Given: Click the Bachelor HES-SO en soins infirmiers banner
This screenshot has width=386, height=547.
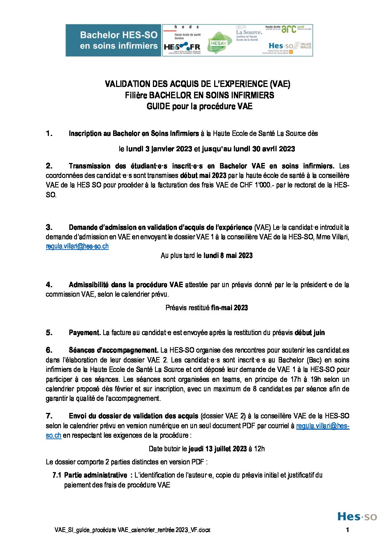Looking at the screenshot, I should click(113, 40).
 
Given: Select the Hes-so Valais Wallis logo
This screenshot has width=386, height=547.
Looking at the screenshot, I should click(290, 47).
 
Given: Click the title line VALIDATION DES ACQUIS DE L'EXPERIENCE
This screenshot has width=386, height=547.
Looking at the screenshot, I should click(197, 84).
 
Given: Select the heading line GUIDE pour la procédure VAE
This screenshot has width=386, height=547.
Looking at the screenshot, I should click(199, 106).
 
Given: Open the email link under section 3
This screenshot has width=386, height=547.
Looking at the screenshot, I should click(77, 246).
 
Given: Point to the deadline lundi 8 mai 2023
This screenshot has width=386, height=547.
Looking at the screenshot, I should click(228, 255).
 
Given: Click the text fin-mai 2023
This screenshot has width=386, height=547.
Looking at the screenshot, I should click(229, 308).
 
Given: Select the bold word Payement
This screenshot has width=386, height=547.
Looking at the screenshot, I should click(84, 333).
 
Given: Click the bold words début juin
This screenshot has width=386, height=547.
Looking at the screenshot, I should click(309, 333).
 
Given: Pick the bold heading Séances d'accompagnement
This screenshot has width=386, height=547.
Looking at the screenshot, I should click(113, 350).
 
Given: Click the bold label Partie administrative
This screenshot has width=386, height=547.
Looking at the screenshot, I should click(96, 475).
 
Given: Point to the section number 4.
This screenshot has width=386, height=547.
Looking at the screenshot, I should click(49, 285).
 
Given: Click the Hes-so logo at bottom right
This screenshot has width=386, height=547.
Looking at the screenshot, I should click(357, 516).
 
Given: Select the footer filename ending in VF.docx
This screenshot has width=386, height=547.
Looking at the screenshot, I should click(132, 530).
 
